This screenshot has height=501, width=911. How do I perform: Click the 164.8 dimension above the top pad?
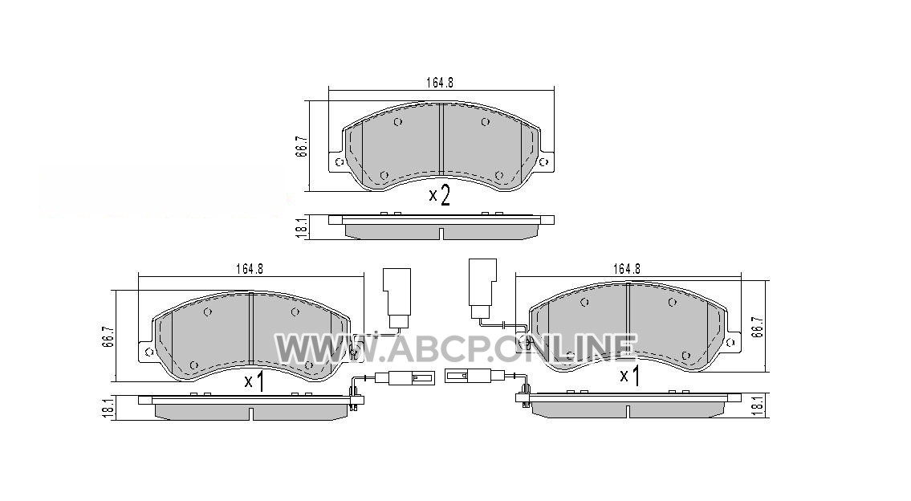coord(439,83)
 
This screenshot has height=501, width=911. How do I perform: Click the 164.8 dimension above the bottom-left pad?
coord(250,269)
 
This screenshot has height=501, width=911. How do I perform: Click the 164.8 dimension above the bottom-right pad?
coord(626,269)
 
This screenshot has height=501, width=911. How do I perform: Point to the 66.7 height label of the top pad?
coord(300,146)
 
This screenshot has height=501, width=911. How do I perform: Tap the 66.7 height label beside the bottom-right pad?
coord(755,328)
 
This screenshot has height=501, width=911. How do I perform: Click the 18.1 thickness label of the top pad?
coord(300,227)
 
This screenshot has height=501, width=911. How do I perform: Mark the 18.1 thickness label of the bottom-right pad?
coord(756,405)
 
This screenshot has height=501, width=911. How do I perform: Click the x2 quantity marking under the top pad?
coord(439,196)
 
